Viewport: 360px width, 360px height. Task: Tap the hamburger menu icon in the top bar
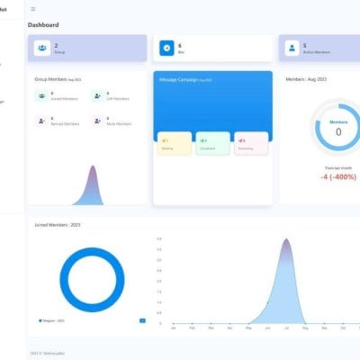[33, 9]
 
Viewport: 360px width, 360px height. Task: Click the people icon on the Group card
[42, 49]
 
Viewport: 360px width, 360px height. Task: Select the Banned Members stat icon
[43, 121]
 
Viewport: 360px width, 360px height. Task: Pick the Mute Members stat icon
[97, 121]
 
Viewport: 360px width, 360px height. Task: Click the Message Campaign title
[181, 80]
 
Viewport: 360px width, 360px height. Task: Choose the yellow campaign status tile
[174, 143]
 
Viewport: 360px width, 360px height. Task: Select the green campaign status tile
[212, 143]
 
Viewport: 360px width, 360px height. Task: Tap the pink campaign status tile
[251, 143]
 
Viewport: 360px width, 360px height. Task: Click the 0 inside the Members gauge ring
[338, 131]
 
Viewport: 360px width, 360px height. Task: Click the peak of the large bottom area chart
[286, 240]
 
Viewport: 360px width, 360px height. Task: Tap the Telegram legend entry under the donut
[50, 319]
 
